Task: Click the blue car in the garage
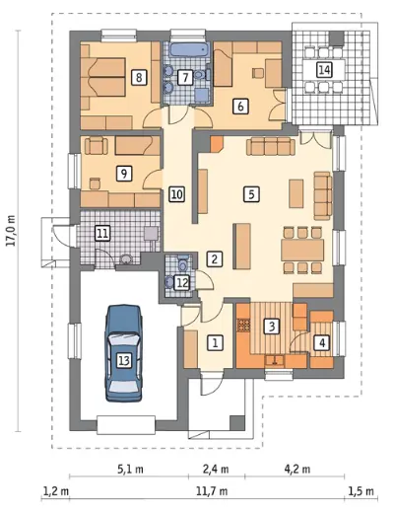pyautogui.click(x=124, y=353)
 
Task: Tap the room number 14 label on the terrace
pyautogui.click(x=324, y=70)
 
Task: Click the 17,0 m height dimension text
pyautogui.click(x=12, y=230)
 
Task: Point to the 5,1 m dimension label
pyautogui.click(x=130, y=469)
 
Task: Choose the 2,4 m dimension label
pyautogui.click(x=216, y=469)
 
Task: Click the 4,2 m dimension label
pyautogui.click(x=296, y=469)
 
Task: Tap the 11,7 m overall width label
pyautogui.click(x=212, y=491)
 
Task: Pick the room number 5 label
pyautogui.click(x=251, y=194)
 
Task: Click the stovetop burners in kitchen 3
pyautogui.click(x=243, y=325)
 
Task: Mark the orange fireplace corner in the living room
pyautogui.click(x=216, y=144)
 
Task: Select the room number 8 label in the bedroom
pyautogui.click(x=139, y=78)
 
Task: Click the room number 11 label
pyautogui.click(x=102, y=234)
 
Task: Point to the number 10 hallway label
pyautogui.click(x=176, y=194)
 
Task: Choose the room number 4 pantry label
pyautogui.click(x=322, y=343)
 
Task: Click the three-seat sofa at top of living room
pyautogui.click(x=271, y=146)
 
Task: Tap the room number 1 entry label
pyautogui.click(x=215, y=343)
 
